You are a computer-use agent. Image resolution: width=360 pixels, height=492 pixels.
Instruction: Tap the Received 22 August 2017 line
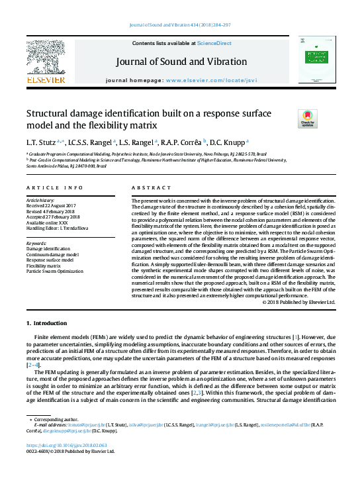coord(51,205)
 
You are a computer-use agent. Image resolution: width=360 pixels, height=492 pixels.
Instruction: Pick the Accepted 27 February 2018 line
coord(52,215)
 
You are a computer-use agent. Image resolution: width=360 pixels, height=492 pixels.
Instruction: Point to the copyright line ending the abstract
coord(299,302)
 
